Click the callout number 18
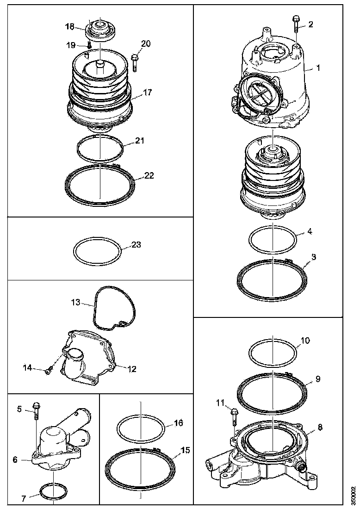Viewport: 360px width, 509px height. click(x=69, y=27)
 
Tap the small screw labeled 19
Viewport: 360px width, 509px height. click(x=88, y=45)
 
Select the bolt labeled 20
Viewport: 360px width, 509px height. click(x=135, y=62)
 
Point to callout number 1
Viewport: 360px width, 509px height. click(x=318, y=68)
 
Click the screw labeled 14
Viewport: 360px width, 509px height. click(x=49, y=370)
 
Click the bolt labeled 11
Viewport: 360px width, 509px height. click(x=234, y=415)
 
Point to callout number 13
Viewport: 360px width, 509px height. click(x=75, y=304)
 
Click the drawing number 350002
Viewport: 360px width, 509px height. click(x=353, y=496)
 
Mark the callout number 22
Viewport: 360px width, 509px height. click(x=149, y=176)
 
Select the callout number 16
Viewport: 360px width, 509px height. click(x=178, y=423)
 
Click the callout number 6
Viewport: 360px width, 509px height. click(x=15, y=459)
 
